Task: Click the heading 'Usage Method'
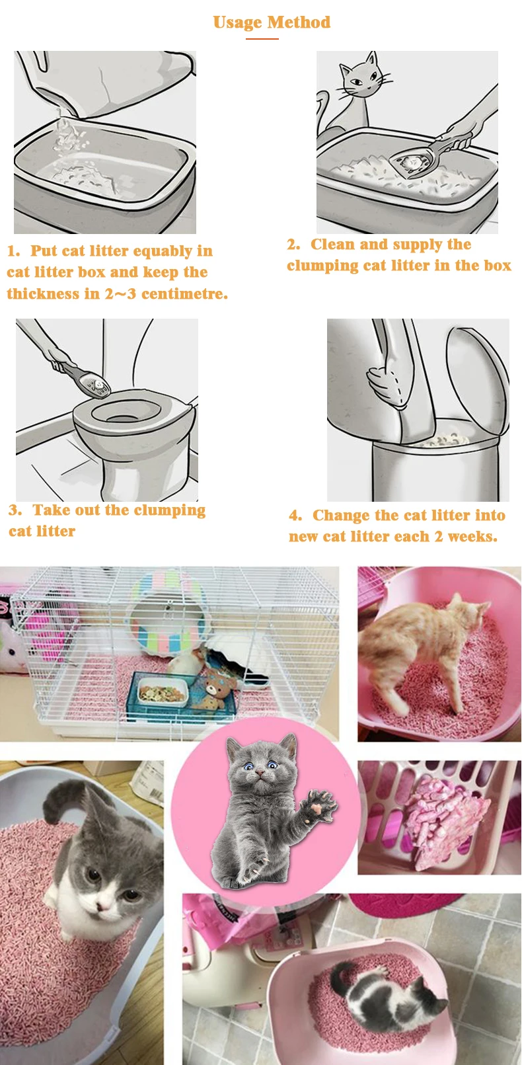pos(272,22)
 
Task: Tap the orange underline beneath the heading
pos(262,38)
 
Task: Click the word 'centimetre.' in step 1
pos(184,294)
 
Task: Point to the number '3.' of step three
pos(15,510)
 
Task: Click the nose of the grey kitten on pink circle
pos(258,773)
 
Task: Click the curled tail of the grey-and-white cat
pos(64,799)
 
